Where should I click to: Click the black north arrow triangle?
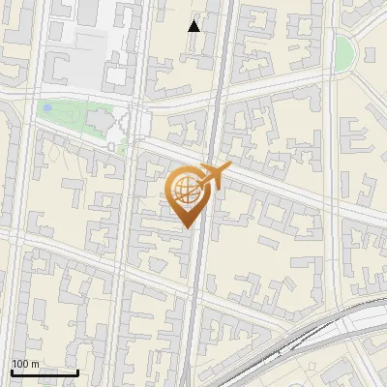(194, 25)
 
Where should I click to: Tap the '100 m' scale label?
(26, 364)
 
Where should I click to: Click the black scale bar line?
(45, 372)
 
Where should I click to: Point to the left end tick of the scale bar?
(12, 371)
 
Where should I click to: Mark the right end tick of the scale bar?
(77, 371)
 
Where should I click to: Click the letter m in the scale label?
(36, 364)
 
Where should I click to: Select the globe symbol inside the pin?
(186, 190)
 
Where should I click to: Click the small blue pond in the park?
(46, 109)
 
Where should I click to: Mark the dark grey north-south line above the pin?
(219, 77)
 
